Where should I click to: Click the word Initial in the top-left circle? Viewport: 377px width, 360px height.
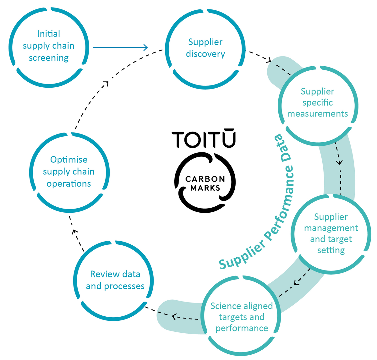48,34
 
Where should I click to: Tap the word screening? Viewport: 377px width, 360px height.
49,58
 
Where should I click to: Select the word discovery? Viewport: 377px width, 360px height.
205,54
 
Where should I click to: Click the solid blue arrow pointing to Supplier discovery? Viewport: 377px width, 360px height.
120,47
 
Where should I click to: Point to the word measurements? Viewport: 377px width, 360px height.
318,114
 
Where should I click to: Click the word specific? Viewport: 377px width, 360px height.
317,103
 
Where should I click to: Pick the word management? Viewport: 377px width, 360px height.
331,228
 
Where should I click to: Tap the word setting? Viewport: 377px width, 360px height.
331,250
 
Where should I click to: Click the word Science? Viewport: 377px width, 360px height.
225,306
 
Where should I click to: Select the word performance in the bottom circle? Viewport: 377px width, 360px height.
242,328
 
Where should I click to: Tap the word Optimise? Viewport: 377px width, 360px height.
69,160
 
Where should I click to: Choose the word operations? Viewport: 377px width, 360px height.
69,184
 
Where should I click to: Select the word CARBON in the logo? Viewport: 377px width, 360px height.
205,179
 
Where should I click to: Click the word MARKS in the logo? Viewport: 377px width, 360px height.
205,188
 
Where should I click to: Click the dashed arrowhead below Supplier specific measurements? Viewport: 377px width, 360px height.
339,162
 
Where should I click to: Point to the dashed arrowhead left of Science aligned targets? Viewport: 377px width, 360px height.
174,316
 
